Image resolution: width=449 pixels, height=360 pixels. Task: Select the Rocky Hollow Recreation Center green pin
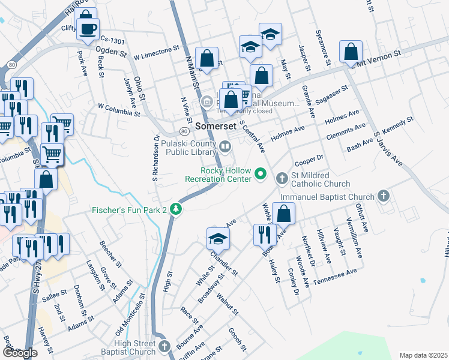coord(261,174)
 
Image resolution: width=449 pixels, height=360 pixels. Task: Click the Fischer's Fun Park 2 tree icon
coord(175,209)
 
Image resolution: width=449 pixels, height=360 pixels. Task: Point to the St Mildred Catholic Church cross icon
coord(282,178)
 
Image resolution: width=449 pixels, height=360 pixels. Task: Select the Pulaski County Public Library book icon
coord(224,146)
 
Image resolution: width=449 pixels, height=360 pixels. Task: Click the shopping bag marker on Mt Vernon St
coord(351,53)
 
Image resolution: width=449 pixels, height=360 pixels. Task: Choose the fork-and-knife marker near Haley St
coord(264,234)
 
